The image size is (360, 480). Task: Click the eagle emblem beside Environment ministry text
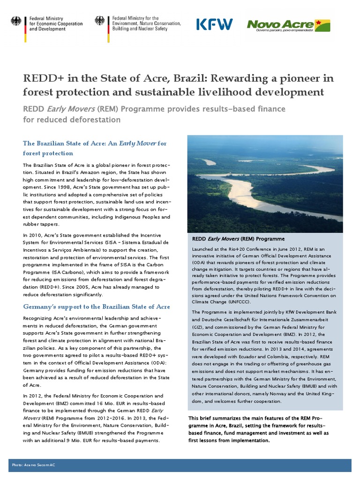click(x=99, y=21)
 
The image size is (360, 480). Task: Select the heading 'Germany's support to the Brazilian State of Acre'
click(x=96, y=307)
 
